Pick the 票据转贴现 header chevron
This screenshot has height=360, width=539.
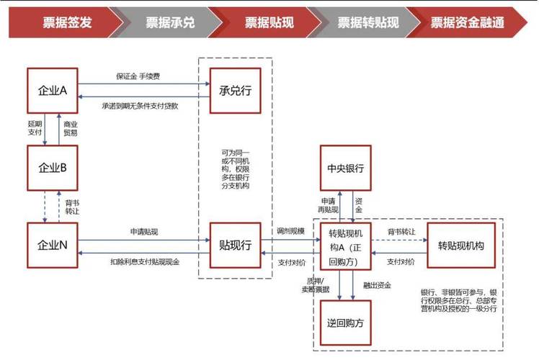[x=367, y=22]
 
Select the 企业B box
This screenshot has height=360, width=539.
[x=53, y=167]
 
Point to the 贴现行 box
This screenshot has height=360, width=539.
[x=235, y=245]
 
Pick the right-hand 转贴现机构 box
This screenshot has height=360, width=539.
[x=460, y=246]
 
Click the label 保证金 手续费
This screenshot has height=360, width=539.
[x=137, y=76]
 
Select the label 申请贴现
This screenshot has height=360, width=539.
[x=144, y=232]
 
